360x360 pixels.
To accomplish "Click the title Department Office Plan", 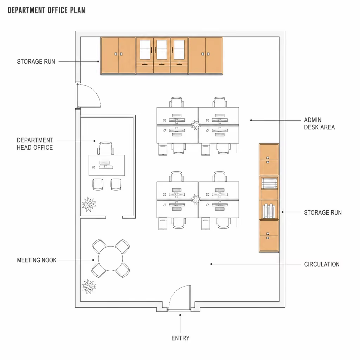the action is coord(46,10).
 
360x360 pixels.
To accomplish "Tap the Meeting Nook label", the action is coord(37,260).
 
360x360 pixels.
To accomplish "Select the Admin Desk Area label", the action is coord(319,123).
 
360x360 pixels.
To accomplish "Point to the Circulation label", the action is coord(322,264).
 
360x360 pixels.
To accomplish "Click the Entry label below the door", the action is coord(180,338).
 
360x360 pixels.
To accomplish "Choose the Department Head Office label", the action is coord(35,144).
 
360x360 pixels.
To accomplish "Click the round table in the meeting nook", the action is coord(111,258).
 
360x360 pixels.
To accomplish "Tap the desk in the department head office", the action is coord(107,165).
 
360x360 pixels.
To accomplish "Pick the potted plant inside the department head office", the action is coord(89,204).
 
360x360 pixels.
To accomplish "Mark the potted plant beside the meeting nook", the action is coord(89,287).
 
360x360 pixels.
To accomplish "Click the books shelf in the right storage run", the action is coord(269,210).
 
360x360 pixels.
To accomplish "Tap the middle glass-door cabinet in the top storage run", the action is coord(162,56).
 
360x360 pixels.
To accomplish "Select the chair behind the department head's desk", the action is coord(105,148).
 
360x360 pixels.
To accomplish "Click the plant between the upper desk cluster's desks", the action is coord(196,125).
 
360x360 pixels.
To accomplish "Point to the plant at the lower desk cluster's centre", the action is coord(196,199).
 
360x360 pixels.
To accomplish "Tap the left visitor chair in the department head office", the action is coord(98,184).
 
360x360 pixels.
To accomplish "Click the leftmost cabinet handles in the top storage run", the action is coord(118,54).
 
